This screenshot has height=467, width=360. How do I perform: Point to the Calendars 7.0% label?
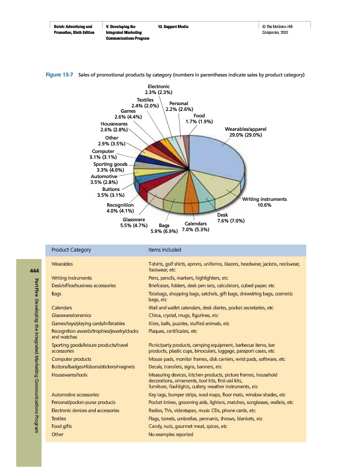click(195, 226)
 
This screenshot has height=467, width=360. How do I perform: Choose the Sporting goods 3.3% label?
click(110, 167)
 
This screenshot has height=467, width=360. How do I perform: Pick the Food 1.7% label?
click(199, 119)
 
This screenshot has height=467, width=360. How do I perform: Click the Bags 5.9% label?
click(164, 229)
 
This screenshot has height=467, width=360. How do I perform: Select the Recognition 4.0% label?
click(120, 208)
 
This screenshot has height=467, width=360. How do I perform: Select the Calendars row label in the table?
click(62, 307)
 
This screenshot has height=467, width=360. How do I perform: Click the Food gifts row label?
click(62, 427)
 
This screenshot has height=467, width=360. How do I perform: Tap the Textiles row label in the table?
click(59, 419)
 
